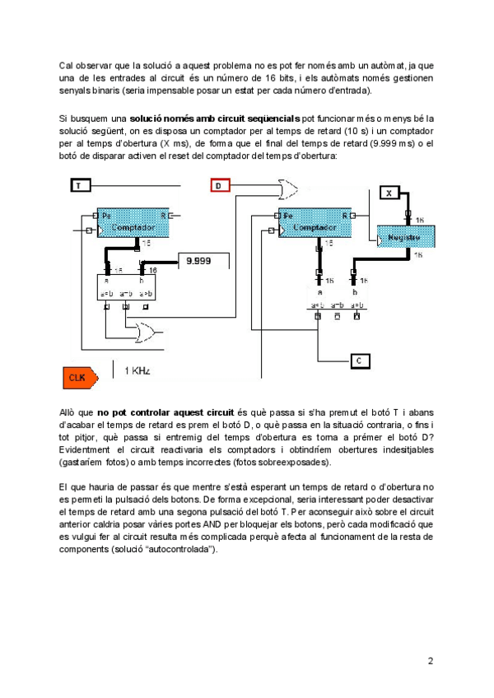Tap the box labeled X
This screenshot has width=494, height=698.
(x=390, y=193)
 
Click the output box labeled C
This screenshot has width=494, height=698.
(x=361, y=360)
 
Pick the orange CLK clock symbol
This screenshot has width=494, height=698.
(x=79, y=376)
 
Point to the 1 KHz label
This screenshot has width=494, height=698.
(x=137, y=371)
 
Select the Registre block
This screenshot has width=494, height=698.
(x=405, y=236)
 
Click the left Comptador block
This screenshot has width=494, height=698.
(x=133, y=223)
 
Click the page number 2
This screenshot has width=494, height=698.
(x=430, y=660)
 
